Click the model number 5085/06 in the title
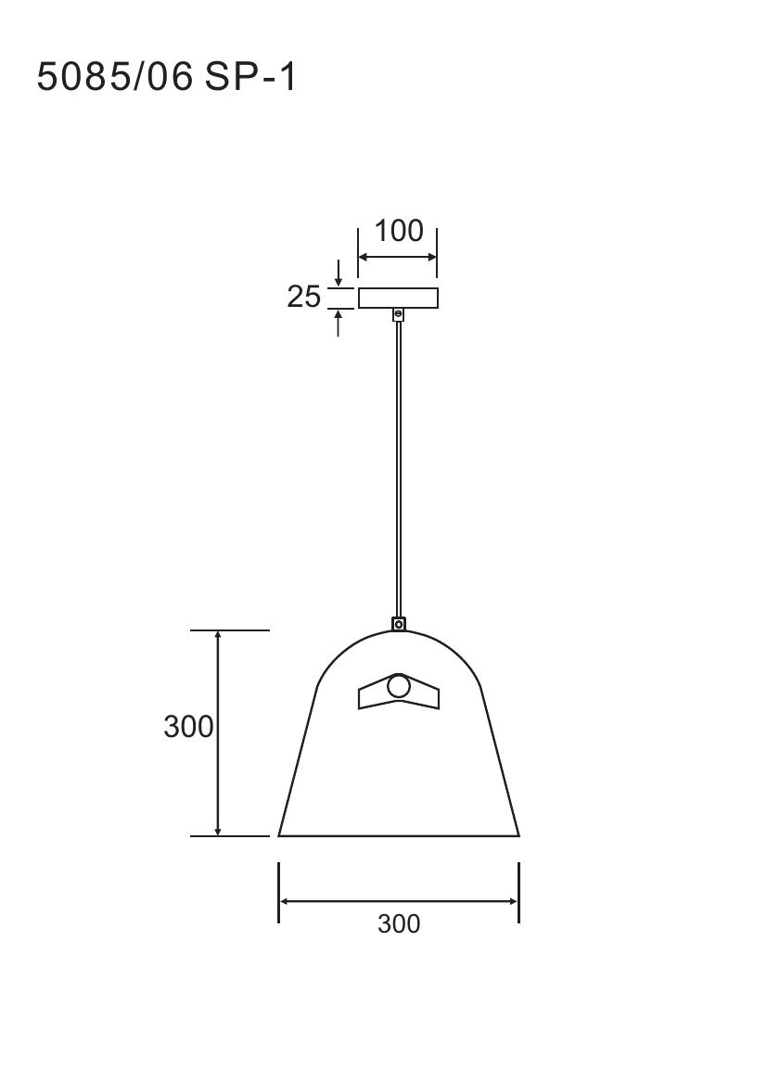[114, 76]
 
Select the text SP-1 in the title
[250, 76]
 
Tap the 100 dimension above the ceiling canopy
[399, 231]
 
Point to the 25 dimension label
[303, 298]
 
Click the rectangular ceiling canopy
[398, 298]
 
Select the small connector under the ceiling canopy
[398, 315]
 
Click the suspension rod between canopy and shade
[398, 469]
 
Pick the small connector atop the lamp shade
[399, 623]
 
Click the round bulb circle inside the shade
[399, 687]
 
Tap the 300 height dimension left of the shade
[188, 727]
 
